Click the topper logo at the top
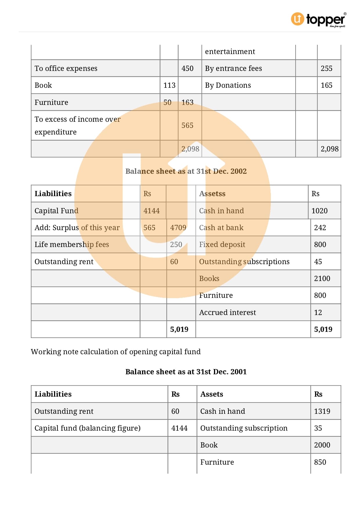pyautogui.click(x=318, y=19)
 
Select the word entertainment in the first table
pyautogui.click(x=230, y=52)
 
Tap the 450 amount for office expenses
pyautogui.click(x=187, y=69)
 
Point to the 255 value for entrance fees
pyautogui.click(x=326, y=69)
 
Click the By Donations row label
pyautogui.click(x=228, y=85)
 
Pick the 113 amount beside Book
pyautogui.click(x=169, y=85)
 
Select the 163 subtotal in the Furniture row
pyautogui.click(x=187, y=102)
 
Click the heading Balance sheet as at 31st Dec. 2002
pyautogui.click(x=186, y=171)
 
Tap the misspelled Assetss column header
pyautogui.click(x=212, y=194)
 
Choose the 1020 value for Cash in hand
pyautogui.click(x=319, y=211)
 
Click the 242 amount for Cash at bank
pyautogui.click(x=320, y=228)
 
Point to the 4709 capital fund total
pyautogui.click(x=178, y=228)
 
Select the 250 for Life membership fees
pyautogui.click(x=176, y=245)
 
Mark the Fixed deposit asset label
pyautogui.click(x=222, y=245)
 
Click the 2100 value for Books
pyautogui.click(x=322, y=279)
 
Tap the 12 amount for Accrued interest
pyautogui.click(x=318, y=313)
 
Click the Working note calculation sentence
pyautogui.click(x=116, y=352)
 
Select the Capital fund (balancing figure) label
pyautogui.click(x=87, y=428)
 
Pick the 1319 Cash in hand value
pyautogui.click(x=322, y=411)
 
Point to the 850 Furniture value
pyautogui.click(x=320, y=462)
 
